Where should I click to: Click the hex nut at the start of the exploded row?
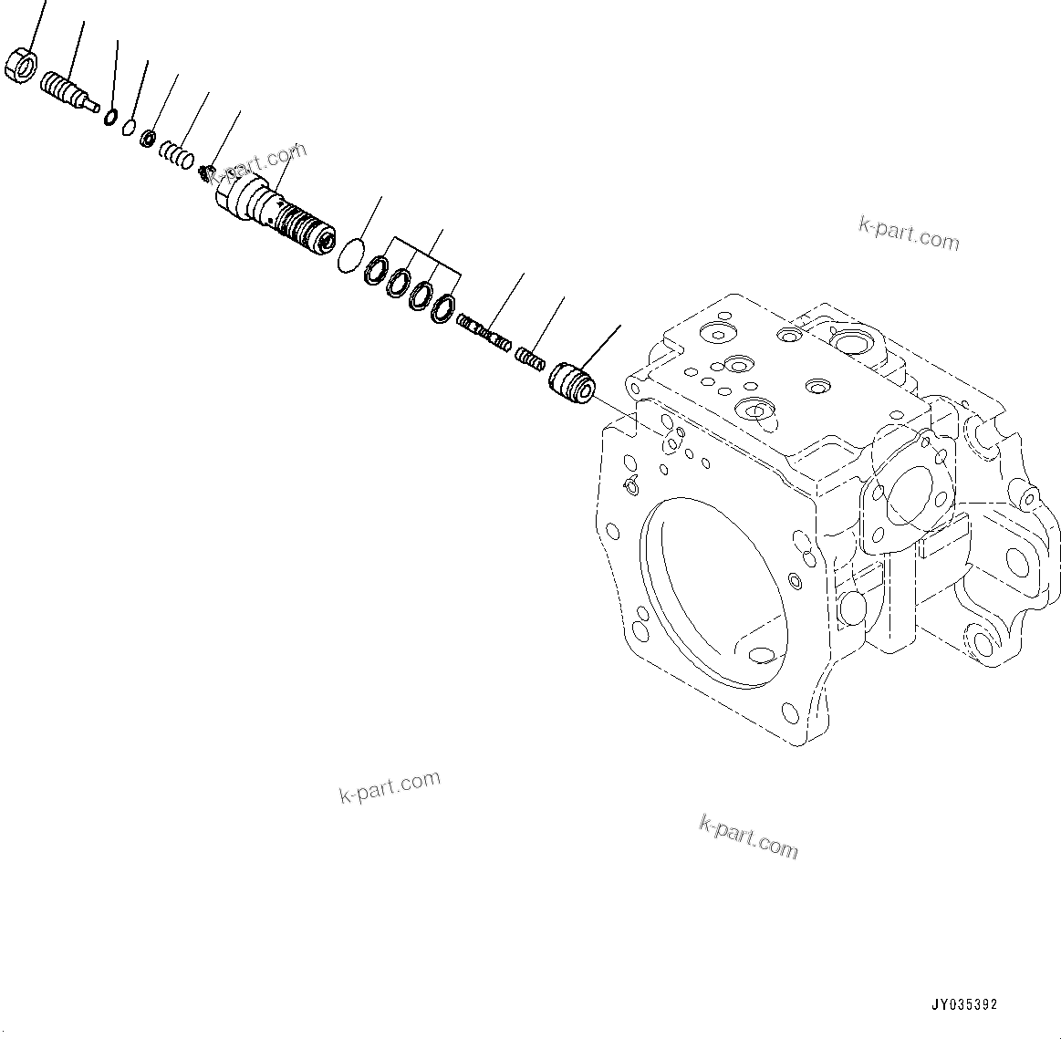20,68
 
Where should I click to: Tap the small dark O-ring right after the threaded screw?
110,116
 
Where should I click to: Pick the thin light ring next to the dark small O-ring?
130,126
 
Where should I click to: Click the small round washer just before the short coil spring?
147,140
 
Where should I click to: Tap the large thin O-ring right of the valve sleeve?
350,255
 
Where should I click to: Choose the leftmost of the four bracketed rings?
375,271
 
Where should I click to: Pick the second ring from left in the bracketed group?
398,283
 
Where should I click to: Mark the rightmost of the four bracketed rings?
442,307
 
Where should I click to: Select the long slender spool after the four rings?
484,332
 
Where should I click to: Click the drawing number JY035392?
963,1004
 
